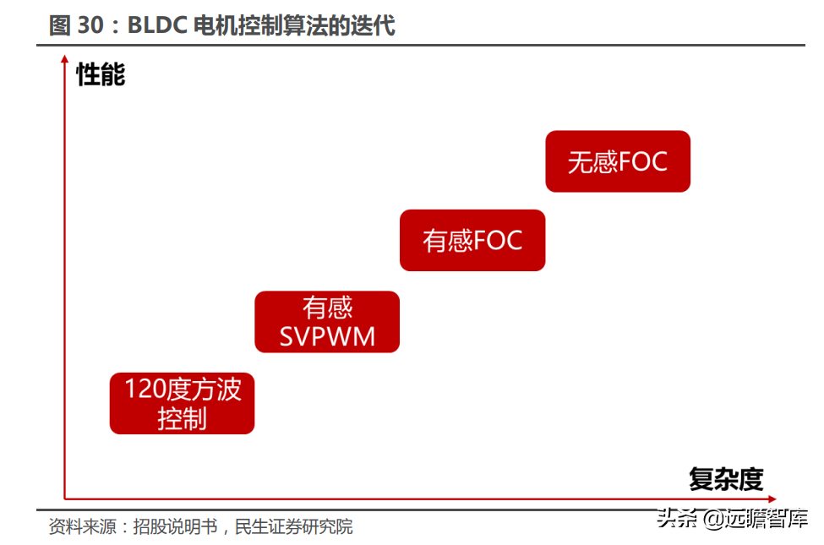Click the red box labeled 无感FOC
pos(618,161)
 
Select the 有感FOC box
pos(472,241)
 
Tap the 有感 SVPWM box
pos(327,322)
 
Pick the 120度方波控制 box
pos(182,403)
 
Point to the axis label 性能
pos(101,74)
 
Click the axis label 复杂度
pos(726,479)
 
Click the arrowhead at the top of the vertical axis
pos(65,59)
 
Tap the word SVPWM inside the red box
pos(327,337)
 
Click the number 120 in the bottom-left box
pos(143,390)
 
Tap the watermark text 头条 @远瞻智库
pos(732,518)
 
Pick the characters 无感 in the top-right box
pos(592,161)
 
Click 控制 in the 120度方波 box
pos(182,418)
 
